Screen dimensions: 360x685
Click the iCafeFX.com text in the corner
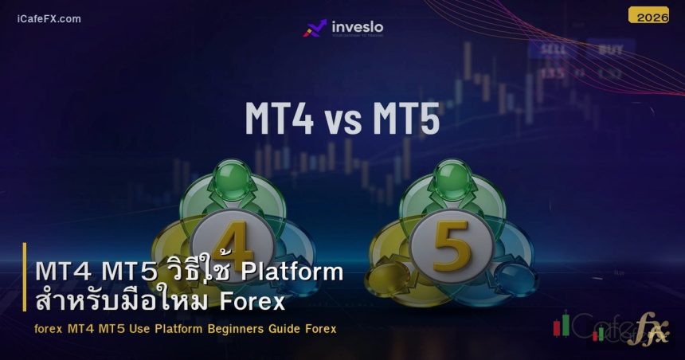pyautogui.click(x=49, y=18)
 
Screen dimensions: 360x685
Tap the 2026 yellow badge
pyautogui.click(x=648, y=16)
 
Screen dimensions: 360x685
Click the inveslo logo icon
pyautogui.click(x=315, y=29)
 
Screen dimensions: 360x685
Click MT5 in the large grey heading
pyautogui.click(x=405, y=119)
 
